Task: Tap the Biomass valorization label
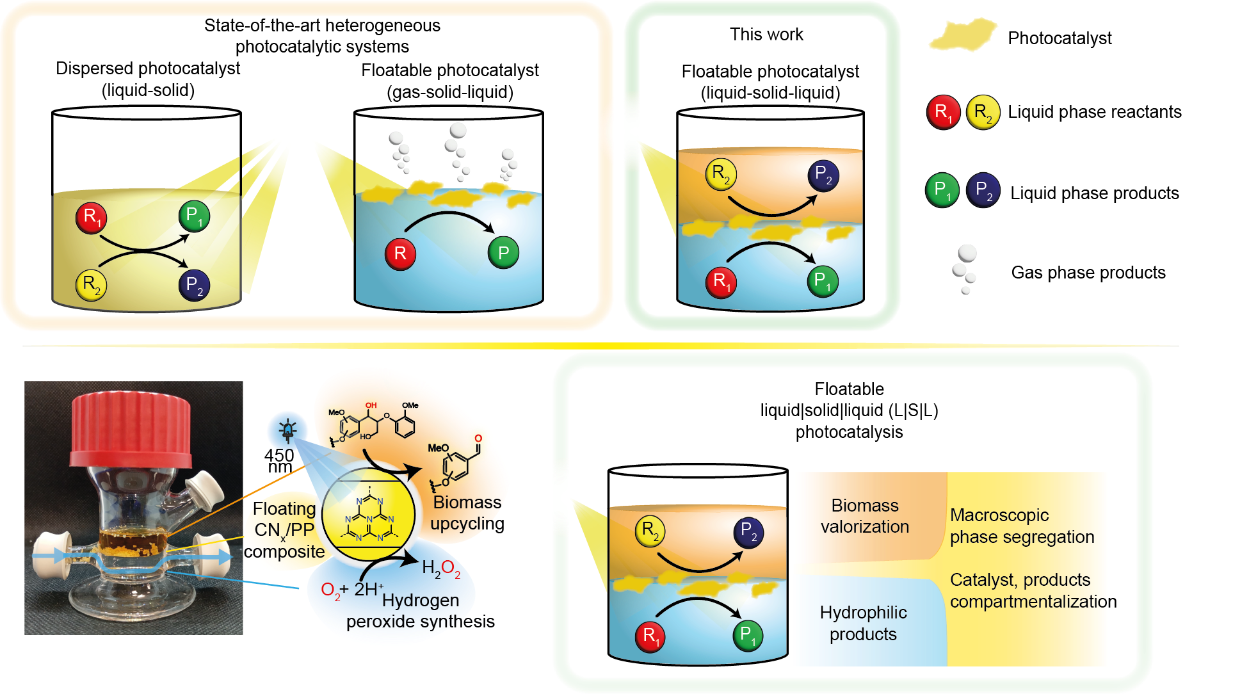click(x=864, y=516)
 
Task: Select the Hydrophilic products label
click(x=863, y=623)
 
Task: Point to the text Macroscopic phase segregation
click(x=1022, y=526)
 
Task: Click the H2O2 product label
click(x=441, y=568)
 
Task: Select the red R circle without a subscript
click(x=400, y=254)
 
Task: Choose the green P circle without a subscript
click(x=503, y=253)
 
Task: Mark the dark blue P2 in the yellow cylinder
click(x=194, y=286)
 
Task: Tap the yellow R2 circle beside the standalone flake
click(x=983, y=112)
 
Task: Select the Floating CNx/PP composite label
click(x=285, y=530)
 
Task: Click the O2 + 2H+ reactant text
click(x=352, y=589)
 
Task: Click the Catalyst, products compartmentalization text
click(x=1027, y=590)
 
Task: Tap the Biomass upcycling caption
click(x=466, y=513)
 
